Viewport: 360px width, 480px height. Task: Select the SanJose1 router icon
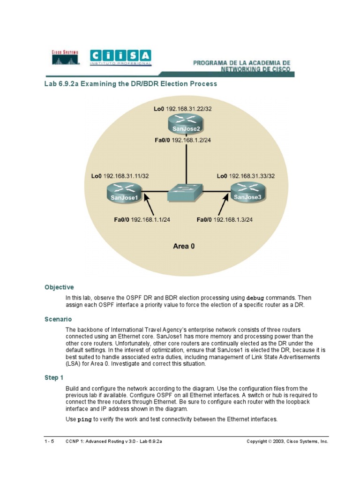[123, 192]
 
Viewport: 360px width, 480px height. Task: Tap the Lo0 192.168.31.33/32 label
[246, 176]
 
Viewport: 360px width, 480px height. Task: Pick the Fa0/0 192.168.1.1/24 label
[142, 219]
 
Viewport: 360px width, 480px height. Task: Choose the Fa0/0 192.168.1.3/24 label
[225, 219]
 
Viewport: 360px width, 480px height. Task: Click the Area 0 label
[184, 246]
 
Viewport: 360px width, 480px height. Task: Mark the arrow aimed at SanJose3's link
[217, 206]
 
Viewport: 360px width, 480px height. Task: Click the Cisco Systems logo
[65, 57]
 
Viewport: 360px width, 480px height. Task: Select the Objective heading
[59, 287]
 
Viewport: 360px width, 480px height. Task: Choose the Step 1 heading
[54, 377]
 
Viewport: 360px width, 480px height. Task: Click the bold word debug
[255, 298]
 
